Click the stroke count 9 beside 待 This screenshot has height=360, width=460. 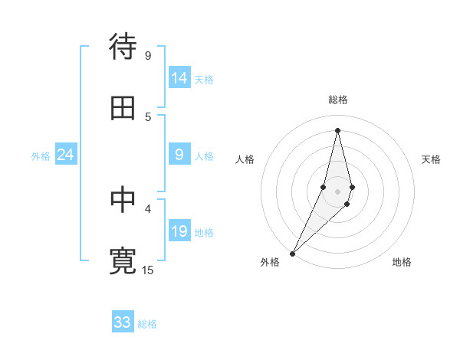(147, 55)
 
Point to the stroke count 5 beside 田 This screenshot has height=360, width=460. (147, 116)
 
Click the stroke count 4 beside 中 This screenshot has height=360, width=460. (147, 208)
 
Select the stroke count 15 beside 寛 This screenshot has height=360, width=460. (148, 270)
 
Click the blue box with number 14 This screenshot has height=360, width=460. (179, 78)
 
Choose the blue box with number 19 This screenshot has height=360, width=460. (179, 232)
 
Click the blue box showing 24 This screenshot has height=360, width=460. (66, 155)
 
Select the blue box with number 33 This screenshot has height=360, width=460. (123, 322)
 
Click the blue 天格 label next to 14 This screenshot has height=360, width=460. (204, 79)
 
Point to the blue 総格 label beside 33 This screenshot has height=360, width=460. (147, 324)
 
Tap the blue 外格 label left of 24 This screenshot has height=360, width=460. (41, 156)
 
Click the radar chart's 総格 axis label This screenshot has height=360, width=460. (337, 100)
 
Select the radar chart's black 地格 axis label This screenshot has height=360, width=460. (402, 262)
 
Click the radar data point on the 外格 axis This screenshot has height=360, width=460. (293, 252)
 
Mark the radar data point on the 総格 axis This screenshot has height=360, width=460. (337, 130)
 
